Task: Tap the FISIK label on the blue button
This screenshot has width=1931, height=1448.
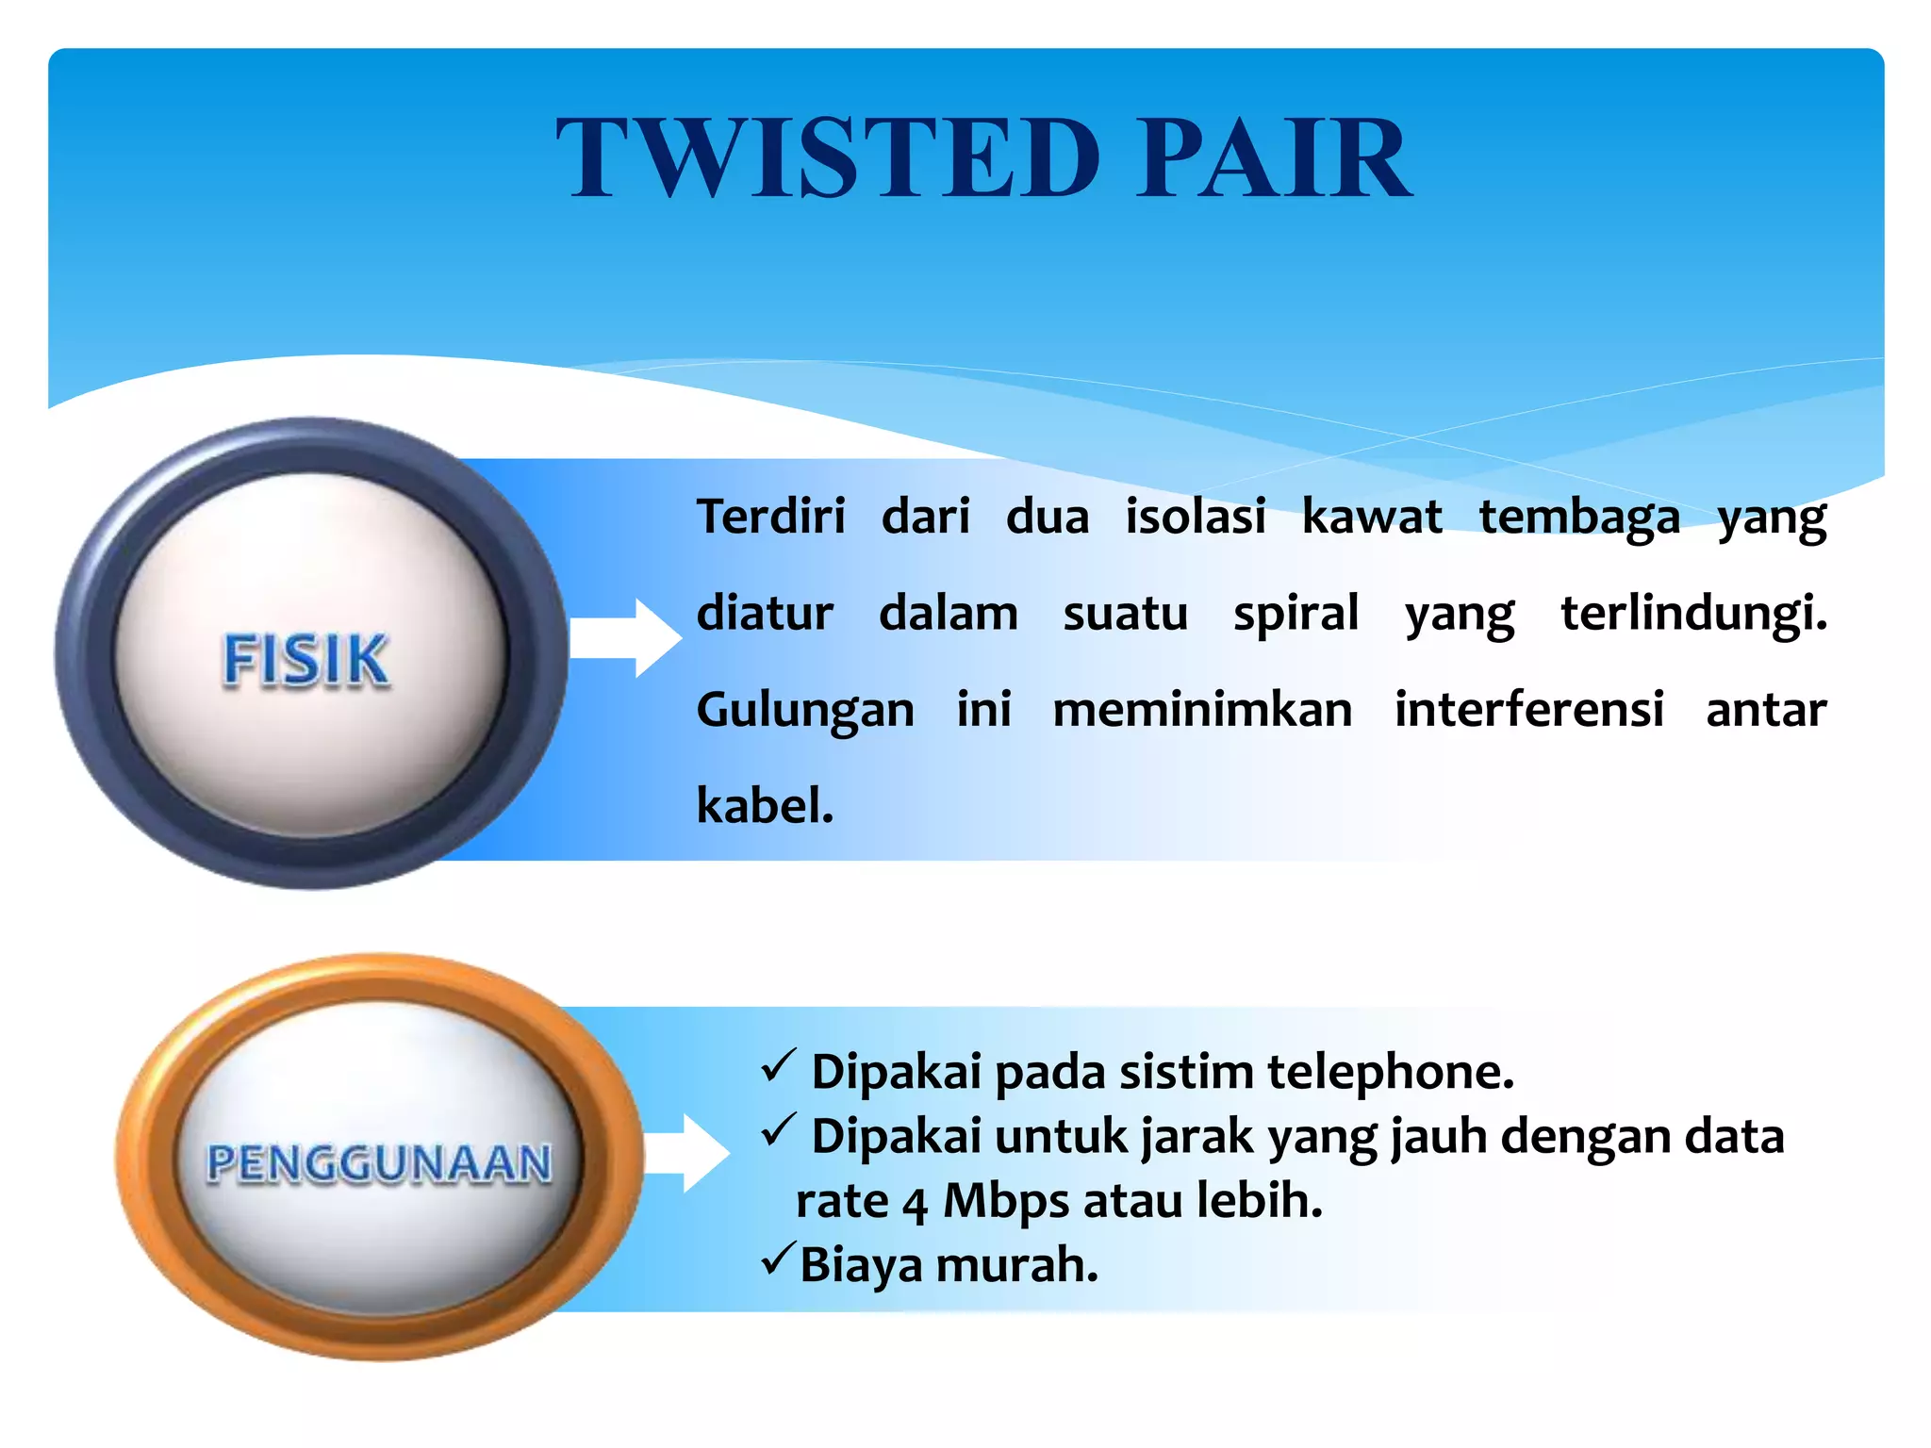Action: [305, 660]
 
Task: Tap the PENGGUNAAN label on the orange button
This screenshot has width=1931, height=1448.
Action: [379, 1162]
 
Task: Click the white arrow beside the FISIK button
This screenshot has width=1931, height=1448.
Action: [626, 638]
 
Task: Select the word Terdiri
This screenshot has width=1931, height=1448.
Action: [770, 517]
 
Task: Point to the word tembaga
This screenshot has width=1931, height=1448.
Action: [1579, 517]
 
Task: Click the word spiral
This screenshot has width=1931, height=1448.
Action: [1296, 614]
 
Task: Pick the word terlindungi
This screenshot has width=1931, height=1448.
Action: [1692, 614]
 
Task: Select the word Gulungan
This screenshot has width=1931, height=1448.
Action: [805, 711]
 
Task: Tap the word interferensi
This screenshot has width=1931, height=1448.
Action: [1528, 710]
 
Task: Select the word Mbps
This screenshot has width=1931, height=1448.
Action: [1006, 1202]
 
